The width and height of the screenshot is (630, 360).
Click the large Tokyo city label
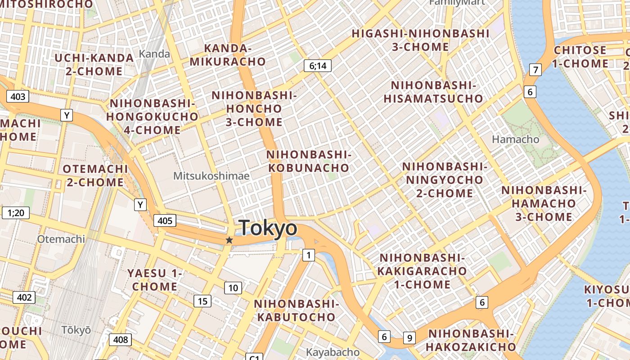268,228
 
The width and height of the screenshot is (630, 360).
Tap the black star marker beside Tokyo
229,240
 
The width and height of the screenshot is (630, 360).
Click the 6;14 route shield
318,66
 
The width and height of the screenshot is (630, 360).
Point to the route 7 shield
535,70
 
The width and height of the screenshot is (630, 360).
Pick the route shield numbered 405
165,220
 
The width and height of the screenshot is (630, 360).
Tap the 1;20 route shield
16,212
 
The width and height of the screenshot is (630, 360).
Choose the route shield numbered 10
233,288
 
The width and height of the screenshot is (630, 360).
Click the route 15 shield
202,301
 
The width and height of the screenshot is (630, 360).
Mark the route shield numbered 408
121,340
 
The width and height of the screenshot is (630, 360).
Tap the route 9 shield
409,337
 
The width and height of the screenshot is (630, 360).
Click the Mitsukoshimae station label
211,176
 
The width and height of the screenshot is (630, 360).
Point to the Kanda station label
154,54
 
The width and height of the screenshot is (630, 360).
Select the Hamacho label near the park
515,139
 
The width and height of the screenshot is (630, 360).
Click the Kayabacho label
333,352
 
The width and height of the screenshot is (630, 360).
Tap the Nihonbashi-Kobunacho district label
308,161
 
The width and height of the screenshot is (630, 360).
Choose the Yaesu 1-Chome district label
155,280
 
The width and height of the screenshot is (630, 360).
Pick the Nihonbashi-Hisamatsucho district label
433,92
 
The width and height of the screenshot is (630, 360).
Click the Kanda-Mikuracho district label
228,55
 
